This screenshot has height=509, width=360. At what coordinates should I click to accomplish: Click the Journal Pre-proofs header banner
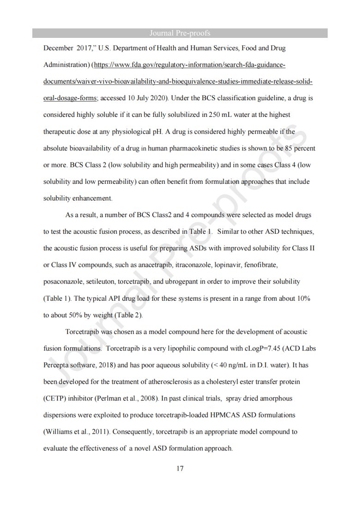[180, 33]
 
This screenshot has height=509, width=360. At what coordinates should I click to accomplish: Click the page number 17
[180, 468]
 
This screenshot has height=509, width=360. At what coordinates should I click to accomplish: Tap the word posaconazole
[63, 282]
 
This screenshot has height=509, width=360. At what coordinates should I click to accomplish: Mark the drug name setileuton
[102, 282]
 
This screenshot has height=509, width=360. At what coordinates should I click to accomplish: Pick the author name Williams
[59, 432]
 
